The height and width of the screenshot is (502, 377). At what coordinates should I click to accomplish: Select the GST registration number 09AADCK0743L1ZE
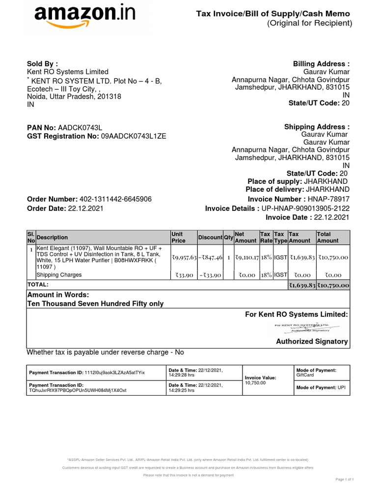134,136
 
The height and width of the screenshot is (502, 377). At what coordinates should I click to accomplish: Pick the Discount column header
210,237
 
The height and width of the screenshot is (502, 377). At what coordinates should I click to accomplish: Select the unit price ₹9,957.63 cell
184,257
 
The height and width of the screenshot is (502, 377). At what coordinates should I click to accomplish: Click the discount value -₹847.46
211,257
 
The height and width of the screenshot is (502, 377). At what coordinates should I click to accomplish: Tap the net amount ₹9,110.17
246,257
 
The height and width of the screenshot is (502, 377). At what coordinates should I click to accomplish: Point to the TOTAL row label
38,285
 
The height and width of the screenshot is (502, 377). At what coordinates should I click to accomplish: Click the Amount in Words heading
58,295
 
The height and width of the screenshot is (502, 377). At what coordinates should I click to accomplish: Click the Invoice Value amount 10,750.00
255,382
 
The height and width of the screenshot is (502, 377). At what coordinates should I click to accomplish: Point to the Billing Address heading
321,64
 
